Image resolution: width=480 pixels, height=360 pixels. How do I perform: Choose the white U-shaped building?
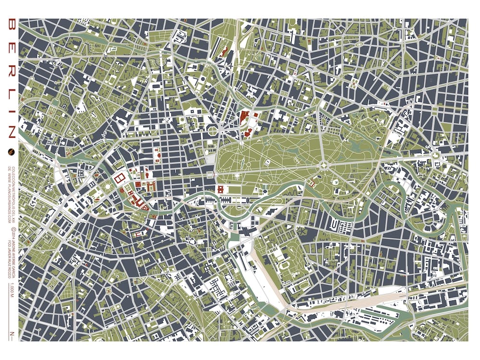pyautogui.click(x=335, y=224)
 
